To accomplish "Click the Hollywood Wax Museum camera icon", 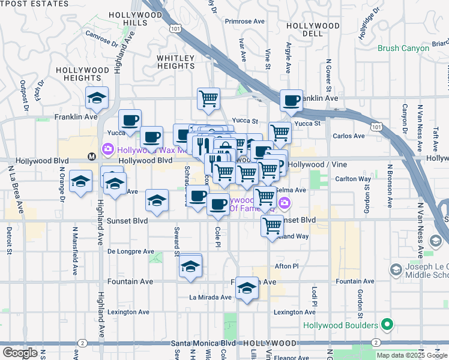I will (108, 148).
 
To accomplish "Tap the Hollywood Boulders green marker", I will (387, 325).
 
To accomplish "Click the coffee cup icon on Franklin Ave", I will (292, 101).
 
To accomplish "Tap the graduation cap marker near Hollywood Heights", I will (96, 98).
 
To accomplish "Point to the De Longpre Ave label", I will (128, 252).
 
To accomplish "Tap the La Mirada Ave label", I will (210, 297).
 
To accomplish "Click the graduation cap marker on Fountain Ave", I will (246, 289).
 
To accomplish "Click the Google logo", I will (20, 353).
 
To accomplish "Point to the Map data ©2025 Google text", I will (411, 355).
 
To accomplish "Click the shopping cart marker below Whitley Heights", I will (208, 98).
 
